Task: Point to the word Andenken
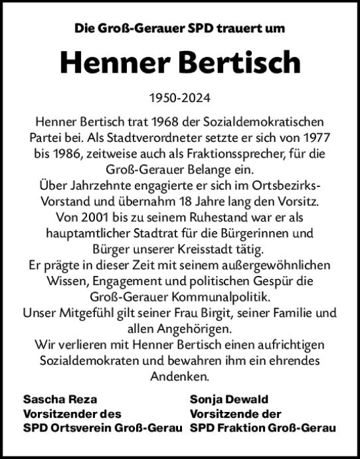[179, 377]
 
